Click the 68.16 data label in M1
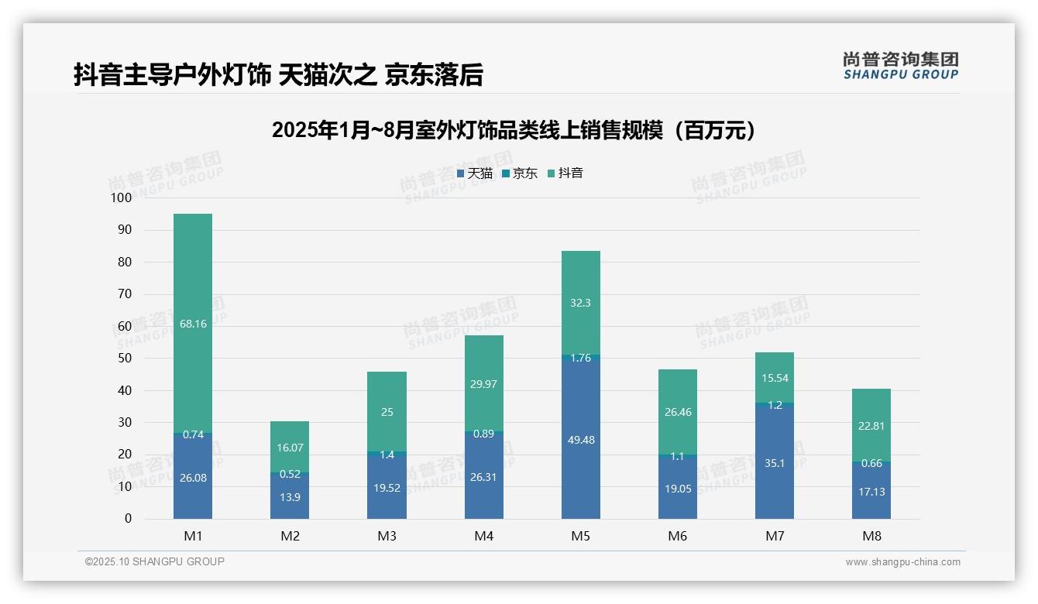click(x=193, y=324)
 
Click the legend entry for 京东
click(x=520, y=173)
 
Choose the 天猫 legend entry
click(x=475, y=173)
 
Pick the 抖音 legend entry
click(x=565, y=173)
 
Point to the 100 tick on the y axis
click(x=122, y=198)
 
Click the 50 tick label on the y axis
click(x=124, y=359)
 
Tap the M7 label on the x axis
click(x=775, y=536)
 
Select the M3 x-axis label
click(x=387, y=536)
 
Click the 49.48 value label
click(x=580, y=440)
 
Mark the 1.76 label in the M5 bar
click(x=580, y=358)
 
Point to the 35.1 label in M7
click(x=775, y=464)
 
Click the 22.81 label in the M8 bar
click(x=871, y=425)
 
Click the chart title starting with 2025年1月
click(x=514, y=130)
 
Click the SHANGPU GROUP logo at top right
click(x=900, y=66)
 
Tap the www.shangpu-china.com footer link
click(x=902, y=562)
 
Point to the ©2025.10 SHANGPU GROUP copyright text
click(x=155, y=561)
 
